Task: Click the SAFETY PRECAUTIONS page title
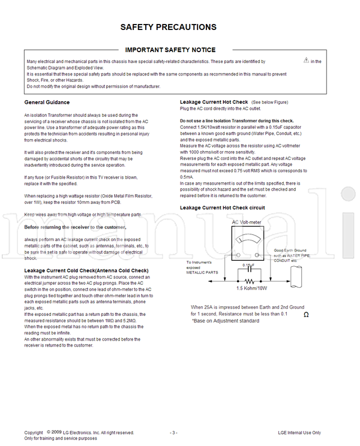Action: click(169, 27)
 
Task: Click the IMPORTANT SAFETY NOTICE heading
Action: click(170, 50)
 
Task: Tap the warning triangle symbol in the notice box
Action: click(306, 60)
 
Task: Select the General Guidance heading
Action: click(47, 103)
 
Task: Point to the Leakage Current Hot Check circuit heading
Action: click(223, 207)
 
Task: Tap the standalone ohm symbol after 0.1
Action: click(307, 315)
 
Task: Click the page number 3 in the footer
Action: click(173, 432)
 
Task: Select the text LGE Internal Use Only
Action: click(299, 432)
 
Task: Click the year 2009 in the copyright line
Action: click(56, 432)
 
